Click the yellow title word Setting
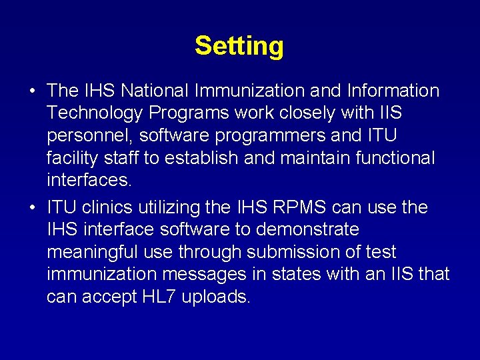tap(239, 46)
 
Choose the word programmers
tap(269, 136)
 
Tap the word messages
tap(211, 274)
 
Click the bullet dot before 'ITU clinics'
tap(32, 208)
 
